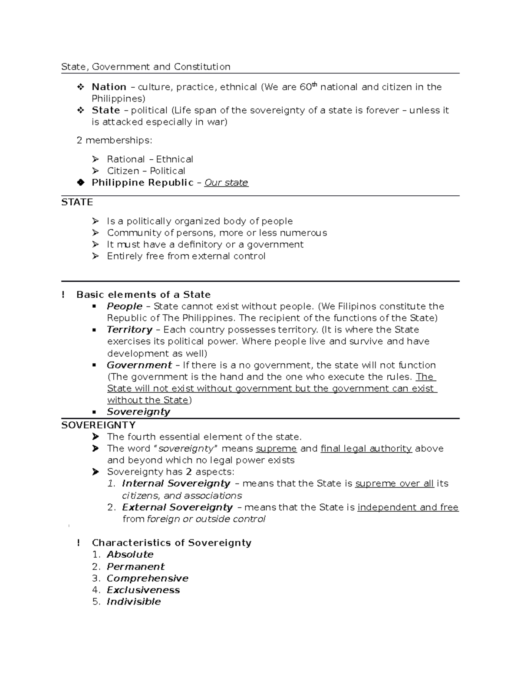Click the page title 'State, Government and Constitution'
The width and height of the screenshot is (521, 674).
tap(145, 67)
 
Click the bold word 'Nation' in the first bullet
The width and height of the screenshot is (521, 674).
tap(109, 87)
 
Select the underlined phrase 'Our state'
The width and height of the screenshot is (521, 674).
tap(226, 183)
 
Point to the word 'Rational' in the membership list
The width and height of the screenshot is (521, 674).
tap(126, 159)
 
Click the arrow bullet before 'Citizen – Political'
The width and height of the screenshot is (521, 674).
tap(96, 171)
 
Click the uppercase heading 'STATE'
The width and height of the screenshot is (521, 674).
tap(77, 202)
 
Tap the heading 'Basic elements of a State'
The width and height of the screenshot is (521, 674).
tap(143, 295)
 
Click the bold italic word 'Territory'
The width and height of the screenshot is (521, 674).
tap(129, 330)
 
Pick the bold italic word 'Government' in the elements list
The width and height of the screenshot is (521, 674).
tap(139, 365)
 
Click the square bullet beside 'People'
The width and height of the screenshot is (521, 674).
tap(94, 306)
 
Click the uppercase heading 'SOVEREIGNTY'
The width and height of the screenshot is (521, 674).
tap(98, 425)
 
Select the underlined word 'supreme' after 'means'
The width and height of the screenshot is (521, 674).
tap(276, 449)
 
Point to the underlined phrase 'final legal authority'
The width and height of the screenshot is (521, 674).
tap(366, 449)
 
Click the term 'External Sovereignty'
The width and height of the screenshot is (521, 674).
tap(177, 507)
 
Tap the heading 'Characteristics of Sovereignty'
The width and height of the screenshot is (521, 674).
tap(171, 543)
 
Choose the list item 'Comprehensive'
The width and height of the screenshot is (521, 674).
tap(148, 579)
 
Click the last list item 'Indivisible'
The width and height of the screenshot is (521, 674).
tap(134, 602)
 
